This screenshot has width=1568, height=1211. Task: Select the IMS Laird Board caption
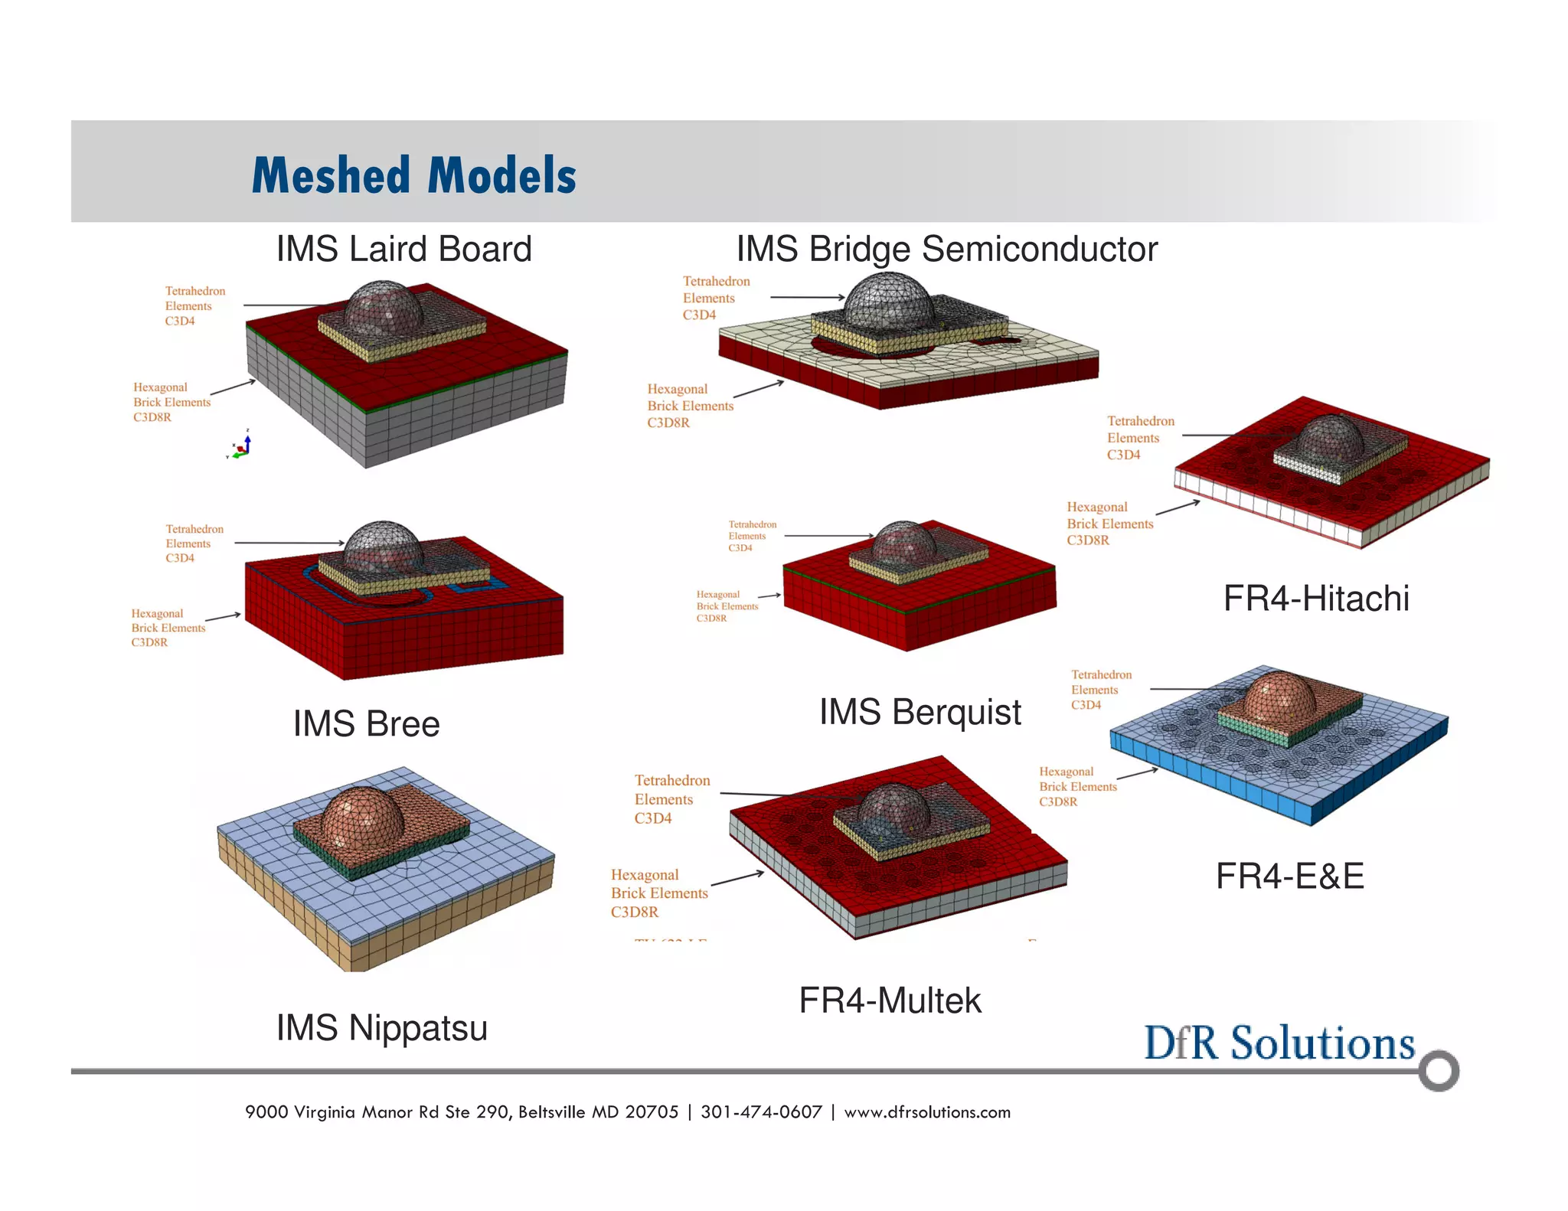(x=403, y=249)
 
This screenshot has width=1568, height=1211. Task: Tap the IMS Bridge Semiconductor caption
(x=946, y=249)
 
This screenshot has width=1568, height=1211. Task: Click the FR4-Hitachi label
(x=1315, y=599)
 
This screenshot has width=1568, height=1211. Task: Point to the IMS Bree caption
(x=366, y=724)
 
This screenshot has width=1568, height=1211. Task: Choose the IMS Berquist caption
(x=920, y=712)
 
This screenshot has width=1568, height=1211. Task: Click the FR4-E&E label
(x=1289, y=876)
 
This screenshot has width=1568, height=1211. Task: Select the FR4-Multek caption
(x=890, y=1000)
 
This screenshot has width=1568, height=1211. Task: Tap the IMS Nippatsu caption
(x=381, y=1028)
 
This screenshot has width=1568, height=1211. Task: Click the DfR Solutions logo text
(x=1279, y=1043)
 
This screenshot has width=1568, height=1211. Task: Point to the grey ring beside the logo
(x=1438, y=1070)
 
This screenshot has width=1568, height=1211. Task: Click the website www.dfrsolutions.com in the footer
(x=927, y=1112)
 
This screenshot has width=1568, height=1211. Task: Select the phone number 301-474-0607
(x=761, y=1112)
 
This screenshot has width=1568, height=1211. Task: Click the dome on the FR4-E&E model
(x=1279, y=697)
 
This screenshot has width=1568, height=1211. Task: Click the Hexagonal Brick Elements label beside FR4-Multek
(x=659, y=893)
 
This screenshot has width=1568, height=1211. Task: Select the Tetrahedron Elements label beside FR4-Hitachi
(x=1140, y=438)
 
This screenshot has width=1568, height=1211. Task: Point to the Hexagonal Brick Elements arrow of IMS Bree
(x=223, y=617)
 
